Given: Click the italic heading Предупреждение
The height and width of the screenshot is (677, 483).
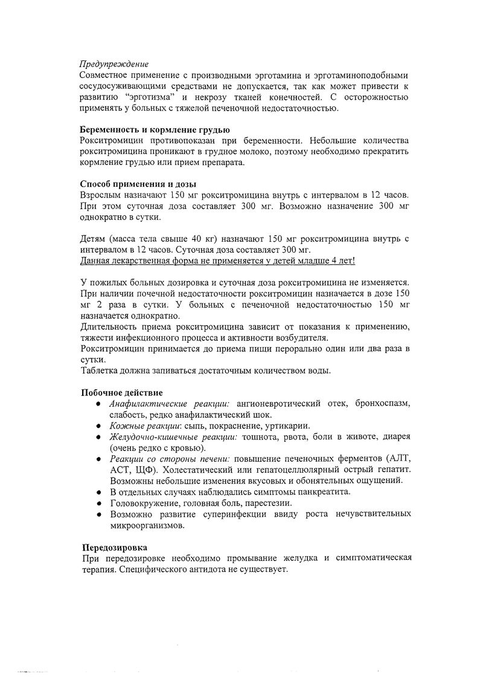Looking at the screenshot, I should coord(115,64).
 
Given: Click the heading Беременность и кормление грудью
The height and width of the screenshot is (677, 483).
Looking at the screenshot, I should coord(155,130).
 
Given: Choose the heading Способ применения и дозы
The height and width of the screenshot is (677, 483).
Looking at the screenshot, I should coord(138,184).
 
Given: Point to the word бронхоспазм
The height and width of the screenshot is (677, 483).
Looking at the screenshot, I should coord(382,403).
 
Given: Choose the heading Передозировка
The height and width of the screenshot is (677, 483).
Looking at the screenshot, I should coord(114,546).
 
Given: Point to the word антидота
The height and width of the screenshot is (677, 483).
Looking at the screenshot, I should coord(205,569).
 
